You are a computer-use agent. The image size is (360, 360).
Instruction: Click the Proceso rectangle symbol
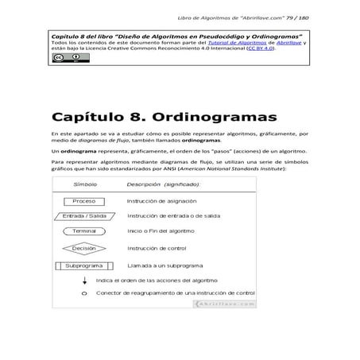pos(83,201)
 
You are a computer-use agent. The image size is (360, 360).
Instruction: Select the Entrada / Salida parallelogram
pos(84,216)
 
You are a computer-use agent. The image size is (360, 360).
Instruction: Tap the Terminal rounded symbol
pos(84,231)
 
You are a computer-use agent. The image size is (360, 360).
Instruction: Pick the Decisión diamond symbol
pos(83,248)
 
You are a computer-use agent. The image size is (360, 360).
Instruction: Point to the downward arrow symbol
pos(84,280)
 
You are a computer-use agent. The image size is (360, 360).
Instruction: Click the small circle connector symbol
pos(84,294)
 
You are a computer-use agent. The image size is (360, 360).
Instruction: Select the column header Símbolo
pos(85,184)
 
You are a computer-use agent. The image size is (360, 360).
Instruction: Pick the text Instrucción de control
pos(157,248)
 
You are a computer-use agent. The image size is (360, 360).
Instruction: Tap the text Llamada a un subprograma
pos(165,265)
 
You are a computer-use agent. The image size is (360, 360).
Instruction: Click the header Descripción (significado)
pos(164,184)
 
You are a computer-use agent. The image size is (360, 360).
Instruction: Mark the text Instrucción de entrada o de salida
pos(174,216)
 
